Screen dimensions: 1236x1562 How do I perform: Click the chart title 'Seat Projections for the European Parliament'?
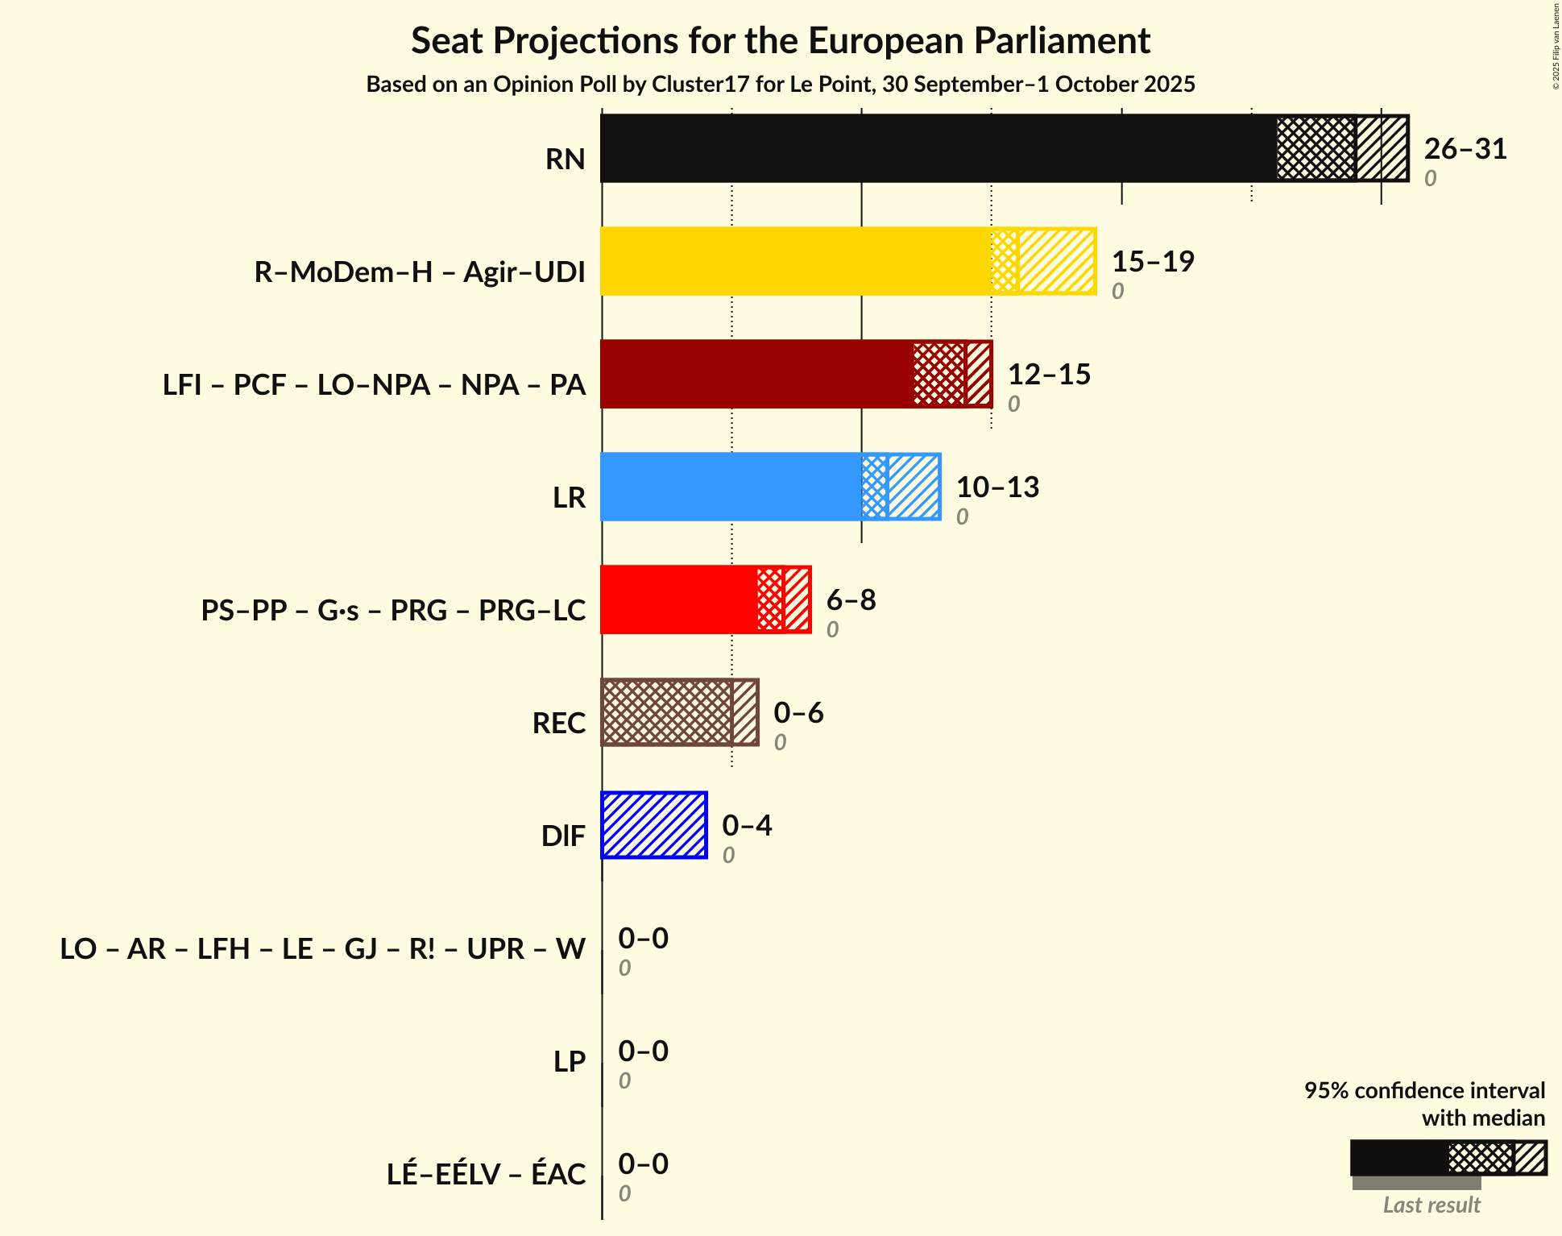[780, 40]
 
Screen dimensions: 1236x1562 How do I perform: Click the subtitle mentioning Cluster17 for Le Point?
[780, 85]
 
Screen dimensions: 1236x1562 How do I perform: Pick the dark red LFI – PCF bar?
[757, 374]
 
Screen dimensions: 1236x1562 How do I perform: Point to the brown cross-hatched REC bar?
[667, 712]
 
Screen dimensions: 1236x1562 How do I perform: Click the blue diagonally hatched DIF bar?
[654, 825]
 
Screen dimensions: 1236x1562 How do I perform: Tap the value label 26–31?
[1465, 149]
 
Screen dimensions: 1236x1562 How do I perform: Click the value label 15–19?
[1152, 262]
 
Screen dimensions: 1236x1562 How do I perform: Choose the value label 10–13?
[997, 487]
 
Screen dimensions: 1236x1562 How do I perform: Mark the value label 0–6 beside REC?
[798, 713]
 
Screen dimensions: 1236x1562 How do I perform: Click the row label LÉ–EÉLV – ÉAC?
[486, 1174]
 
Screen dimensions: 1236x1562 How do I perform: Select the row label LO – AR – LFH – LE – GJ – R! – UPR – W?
[322, 948]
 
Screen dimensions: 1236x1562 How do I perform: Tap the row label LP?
[569, 1061]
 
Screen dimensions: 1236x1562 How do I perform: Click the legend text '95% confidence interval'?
[1423, 1090]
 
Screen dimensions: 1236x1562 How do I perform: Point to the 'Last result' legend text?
[1431, 1205]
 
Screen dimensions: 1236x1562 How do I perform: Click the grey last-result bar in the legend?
[1415, 1183]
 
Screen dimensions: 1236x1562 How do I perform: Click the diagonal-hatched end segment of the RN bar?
[1382, 148]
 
